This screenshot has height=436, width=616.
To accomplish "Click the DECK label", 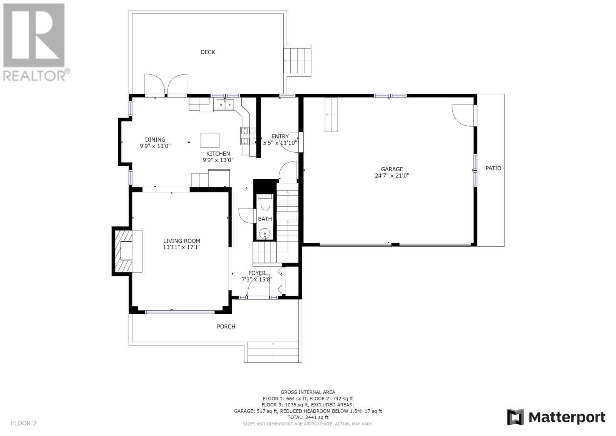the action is pos(208,52).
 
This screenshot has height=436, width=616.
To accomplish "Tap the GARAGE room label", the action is pos(392,169).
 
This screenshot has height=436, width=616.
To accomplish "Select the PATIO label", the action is pos(493,168).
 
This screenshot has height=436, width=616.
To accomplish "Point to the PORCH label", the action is pos(226,327).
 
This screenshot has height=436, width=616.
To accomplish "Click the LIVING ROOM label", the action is pos(182,241).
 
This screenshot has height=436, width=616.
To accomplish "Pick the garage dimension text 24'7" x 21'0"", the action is pos(392,175).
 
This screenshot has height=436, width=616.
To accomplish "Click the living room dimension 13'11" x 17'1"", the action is pos(182,247).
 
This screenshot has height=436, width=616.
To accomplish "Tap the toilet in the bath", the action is pos(265,202).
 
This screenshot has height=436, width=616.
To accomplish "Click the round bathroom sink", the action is pos(265,234).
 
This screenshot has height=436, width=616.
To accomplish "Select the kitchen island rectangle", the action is pos(210,140).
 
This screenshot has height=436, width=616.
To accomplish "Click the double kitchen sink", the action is pos(225,104).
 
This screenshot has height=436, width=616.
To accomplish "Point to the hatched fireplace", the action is pos(122,251).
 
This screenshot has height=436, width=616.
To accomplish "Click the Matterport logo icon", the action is pos(516,417).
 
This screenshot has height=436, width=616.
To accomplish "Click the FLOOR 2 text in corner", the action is pos(23,423).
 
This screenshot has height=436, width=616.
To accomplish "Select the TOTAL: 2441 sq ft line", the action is pos(308,417).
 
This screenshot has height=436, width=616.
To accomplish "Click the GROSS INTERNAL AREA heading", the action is pos(308,392).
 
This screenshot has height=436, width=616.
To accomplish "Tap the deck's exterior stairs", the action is pos(297,61).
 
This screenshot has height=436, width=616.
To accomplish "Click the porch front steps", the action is pos(273,352).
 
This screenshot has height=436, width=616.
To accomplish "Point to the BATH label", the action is pos(265,219).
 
